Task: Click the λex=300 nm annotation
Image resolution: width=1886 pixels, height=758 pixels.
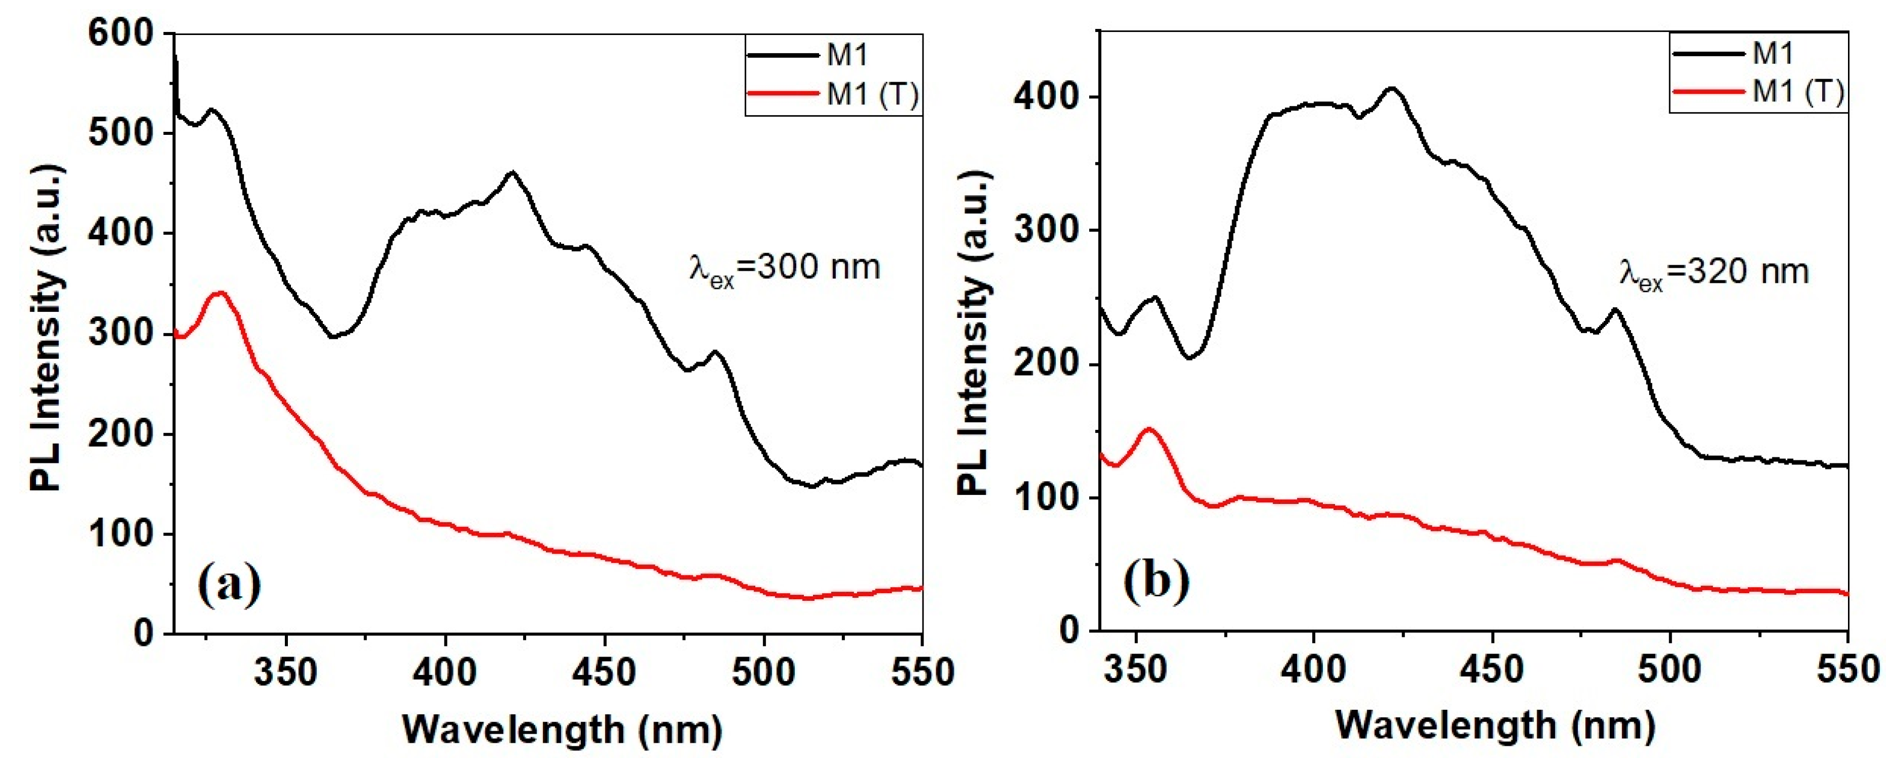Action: [x=784, y=269]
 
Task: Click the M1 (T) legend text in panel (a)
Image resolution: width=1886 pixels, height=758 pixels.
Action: [x=871, y=94]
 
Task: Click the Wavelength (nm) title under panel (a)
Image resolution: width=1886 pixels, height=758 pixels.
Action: [x=562, y=728]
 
